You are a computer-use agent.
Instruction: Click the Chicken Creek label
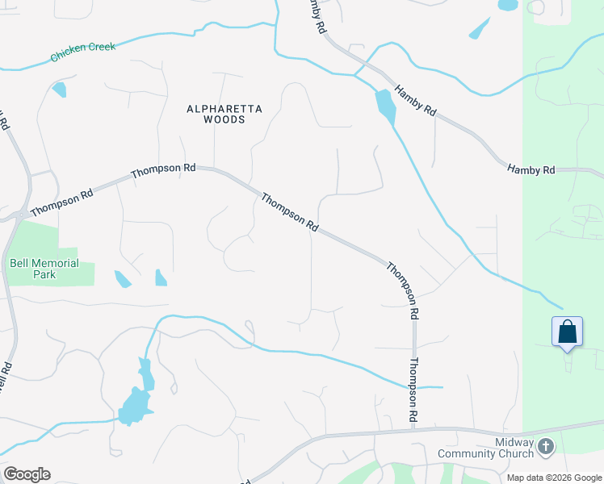click(x=82, y=52)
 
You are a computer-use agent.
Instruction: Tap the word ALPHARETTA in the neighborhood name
click(x=214, y=107)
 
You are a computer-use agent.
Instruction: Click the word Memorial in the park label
click(x=54, y=264)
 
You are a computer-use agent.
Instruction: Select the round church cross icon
click(x=546, y=446)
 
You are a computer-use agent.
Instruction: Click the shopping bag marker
click(x=567, y=332)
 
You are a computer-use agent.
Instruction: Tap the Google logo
click(x=27, y=474)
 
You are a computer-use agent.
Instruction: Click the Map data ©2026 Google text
click(x=554, y=477)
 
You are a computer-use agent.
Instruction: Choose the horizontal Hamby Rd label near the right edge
click(x=531, y=169)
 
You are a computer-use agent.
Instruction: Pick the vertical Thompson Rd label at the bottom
click(x=413, y=391)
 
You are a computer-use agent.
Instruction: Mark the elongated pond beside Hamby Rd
click(x=385, y=105)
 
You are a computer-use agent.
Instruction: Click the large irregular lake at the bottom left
click(x=136, y=400)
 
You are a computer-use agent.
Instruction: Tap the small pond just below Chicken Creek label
click(x=59, y=89)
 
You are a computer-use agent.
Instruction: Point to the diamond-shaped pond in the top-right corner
click(x=480, y=29)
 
